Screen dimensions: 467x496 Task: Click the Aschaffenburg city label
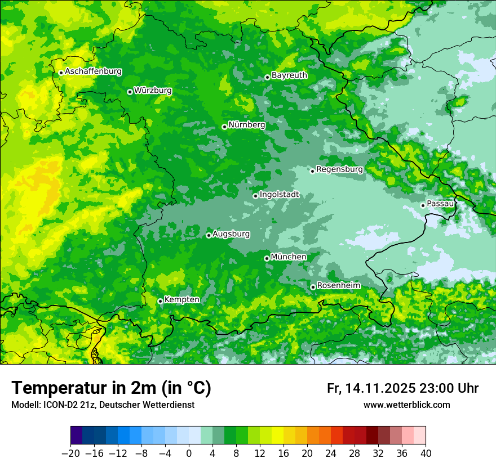pos(93,71)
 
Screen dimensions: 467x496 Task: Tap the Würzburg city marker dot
pos(130,92)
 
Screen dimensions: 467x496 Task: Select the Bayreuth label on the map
pos(289,75)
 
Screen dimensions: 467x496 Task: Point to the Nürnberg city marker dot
pos(224,127)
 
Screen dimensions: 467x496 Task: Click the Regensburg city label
pos(339,169)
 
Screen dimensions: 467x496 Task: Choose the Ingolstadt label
pos(279,195)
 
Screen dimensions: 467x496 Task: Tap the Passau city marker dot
pos(423,205)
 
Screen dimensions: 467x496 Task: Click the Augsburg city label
pos(231,234)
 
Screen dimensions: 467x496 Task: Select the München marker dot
pos(267,258)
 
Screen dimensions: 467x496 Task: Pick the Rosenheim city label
pos(338,285)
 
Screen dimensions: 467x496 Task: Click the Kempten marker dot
pos(160,301)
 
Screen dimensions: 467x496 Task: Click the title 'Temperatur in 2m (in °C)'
pos(111,388)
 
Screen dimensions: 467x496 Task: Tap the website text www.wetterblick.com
pos(406,405)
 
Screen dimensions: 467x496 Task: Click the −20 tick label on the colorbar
pos(70,453)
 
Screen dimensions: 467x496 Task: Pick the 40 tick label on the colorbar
pos(426,453)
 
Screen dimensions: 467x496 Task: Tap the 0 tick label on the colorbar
pos(189,453)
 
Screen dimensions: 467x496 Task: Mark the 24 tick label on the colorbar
pos(331,453)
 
